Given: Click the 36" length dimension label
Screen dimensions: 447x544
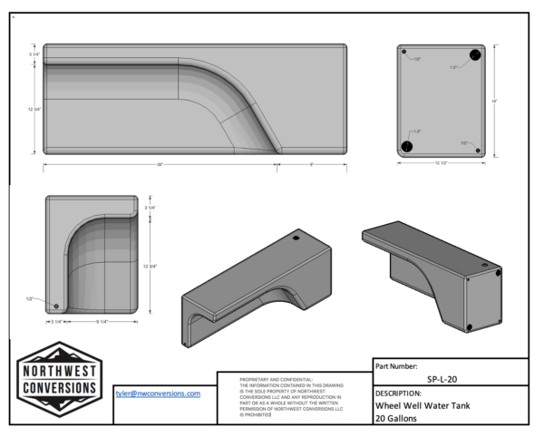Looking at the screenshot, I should tap(160, 164).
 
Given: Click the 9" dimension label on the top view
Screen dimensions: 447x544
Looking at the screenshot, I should tap(312, 164).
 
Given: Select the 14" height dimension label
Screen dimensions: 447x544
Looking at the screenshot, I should tap(496, 101).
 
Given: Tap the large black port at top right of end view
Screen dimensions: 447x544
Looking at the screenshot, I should tap(473, 56).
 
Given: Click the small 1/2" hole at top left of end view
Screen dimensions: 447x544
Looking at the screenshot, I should tap(407, 56).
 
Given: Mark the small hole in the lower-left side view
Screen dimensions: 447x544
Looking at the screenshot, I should tap(58, 306).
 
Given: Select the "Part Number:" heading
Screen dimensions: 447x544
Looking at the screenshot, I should tap(397, 365).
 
